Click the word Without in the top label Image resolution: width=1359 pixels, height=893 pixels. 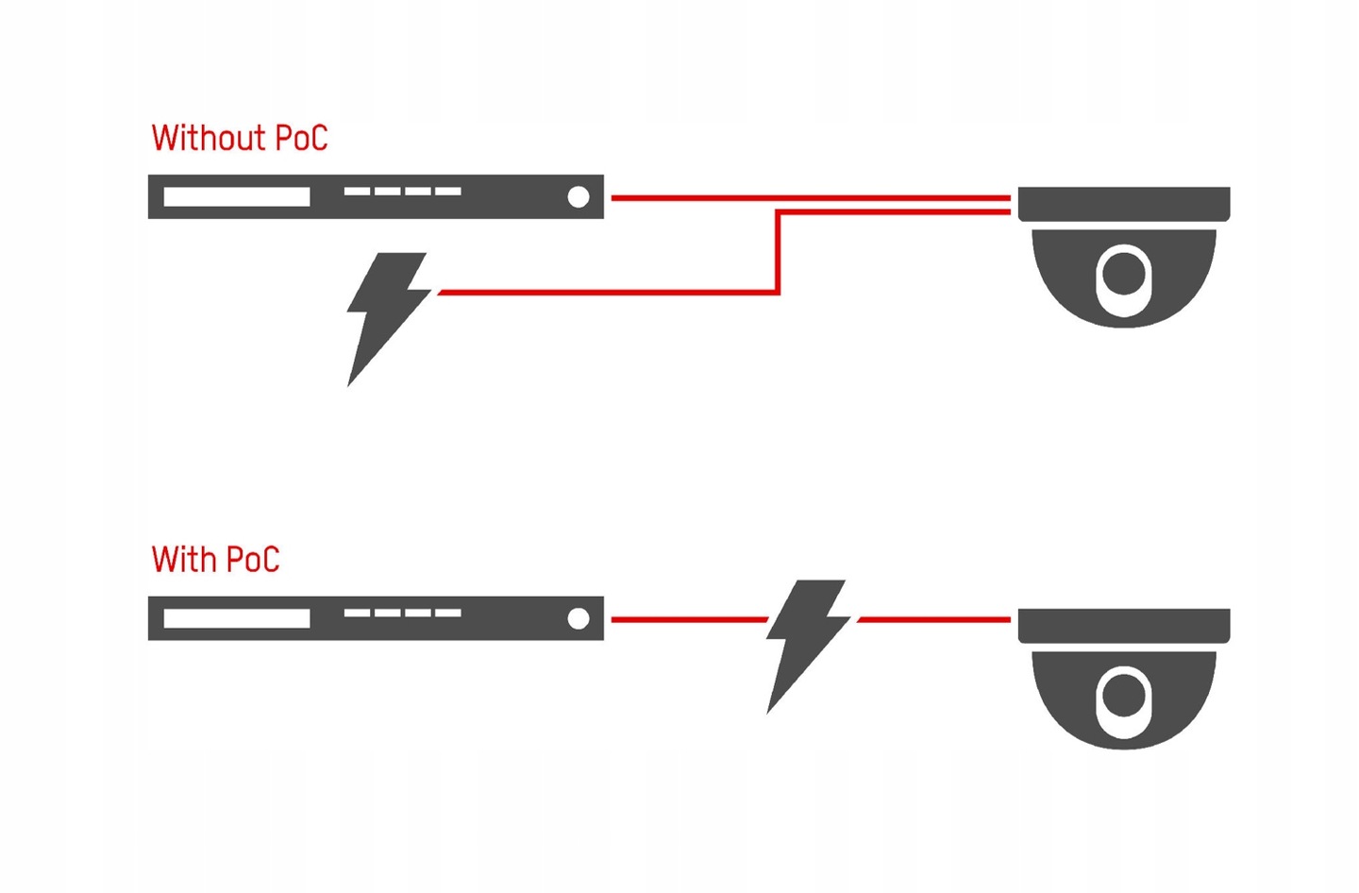207,138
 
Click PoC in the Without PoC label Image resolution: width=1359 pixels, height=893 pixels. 300,138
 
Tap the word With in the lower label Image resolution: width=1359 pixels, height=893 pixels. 184,559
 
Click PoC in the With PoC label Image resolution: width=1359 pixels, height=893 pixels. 252,559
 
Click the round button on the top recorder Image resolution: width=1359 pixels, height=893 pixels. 579,196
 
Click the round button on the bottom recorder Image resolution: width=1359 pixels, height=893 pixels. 579,618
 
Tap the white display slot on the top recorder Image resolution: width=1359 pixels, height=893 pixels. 236,196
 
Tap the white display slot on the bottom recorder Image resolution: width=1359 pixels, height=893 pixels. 236,618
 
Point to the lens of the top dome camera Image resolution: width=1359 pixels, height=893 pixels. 1123,274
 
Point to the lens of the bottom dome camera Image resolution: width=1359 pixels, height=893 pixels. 1123,697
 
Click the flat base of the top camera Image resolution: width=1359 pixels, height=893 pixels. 1123,203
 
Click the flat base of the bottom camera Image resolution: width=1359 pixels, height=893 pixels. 1123,625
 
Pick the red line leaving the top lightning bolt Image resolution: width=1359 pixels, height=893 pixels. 604,293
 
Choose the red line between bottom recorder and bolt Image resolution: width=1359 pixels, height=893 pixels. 689,619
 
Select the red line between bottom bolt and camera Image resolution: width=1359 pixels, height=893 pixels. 934,619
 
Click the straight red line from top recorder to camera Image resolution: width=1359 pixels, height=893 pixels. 812,197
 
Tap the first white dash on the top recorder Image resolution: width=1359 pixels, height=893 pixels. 357,191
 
